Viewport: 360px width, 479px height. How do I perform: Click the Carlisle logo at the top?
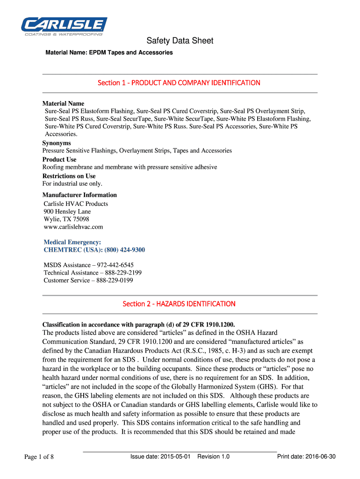64,26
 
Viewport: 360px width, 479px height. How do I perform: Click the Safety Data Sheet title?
180,41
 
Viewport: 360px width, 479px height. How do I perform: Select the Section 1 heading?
179,83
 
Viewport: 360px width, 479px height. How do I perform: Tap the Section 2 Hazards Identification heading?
179,304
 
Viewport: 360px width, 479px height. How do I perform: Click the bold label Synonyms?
57,143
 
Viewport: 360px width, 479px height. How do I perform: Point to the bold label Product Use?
59,160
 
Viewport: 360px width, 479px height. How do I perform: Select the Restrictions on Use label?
69,176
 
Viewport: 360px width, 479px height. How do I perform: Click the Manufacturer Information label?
79,195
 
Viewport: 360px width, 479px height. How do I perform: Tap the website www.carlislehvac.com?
73,227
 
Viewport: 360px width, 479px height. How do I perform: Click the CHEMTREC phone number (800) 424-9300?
122,250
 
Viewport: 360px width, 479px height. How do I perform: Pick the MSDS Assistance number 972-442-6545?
115,265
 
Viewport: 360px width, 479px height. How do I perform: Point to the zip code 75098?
80,219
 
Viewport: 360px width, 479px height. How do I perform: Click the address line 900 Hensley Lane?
67,211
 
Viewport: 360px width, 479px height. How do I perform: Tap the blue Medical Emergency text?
72,242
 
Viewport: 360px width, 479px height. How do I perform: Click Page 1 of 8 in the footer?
39,457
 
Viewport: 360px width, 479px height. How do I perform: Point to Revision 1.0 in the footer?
213,457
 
